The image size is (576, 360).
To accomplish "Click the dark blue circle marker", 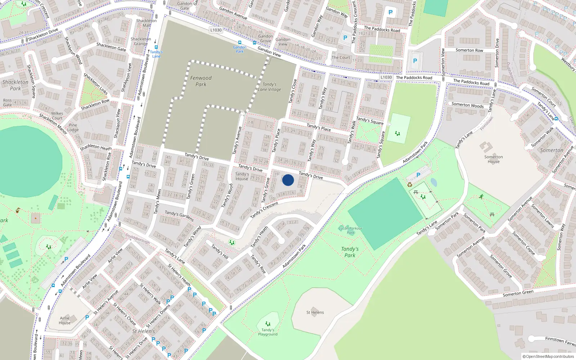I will point(288,180).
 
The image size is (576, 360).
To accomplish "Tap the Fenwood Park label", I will point(201,81).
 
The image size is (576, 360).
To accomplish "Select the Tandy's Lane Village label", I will point(269,87).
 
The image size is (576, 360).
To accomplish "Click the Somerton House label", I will point(494,159).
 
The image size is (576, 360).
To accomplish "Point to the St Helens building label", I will point(315,312).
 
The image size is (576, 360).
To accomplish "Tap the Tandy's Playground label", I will point(267,332).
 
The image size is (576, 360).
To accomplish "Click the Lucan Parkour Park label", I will point(350,230).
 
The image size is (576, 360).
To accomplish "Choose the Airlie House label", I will point(65,320).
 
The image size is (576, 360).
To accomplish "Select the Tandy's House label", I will point(242,176).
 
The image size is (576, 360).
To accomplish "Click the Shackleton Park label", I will point(15,85).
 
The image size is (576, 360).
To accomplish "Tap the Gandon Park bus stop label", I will point(240,49).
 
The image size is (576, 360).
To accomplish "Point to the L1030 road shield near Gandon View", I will point(216,30).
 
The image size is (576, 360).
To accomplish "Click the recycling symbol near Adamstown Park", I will point(410,185).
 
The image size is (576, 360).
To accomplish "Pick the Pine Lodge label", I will point(73,127).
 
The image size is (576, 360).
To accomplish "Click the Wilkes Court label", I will point(57,116).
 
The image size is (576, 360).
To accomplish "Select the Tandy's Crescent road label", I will point(264,210).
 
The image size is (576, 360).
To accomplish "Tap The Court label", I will point(341,58).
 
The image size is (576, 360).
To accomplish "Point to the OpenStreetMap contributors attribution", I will point(548,356).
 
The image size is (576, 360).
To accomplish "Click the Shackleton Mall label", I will point(147,23).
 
